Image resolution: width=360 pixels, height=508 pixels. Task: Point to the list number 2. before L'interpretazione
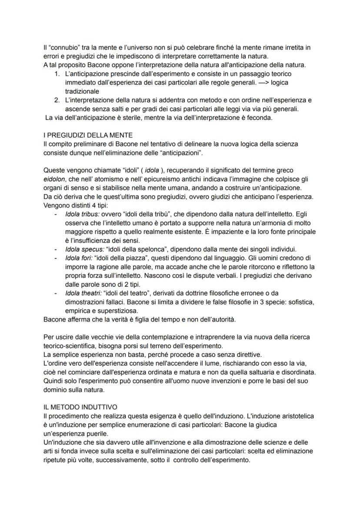57,100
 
